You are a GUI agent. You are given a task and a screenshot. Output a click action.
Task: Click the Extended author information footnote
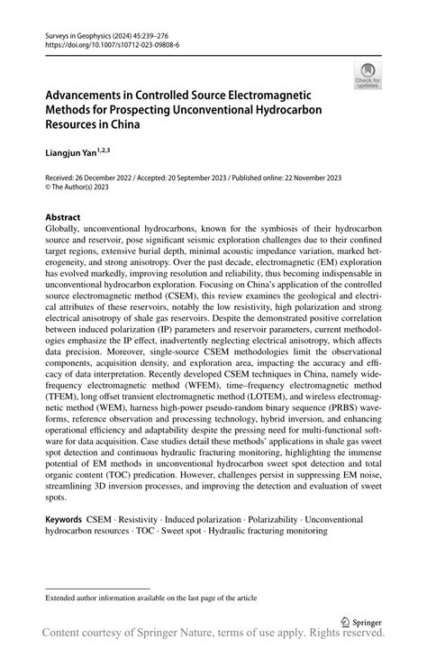(x=144, y=597)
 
